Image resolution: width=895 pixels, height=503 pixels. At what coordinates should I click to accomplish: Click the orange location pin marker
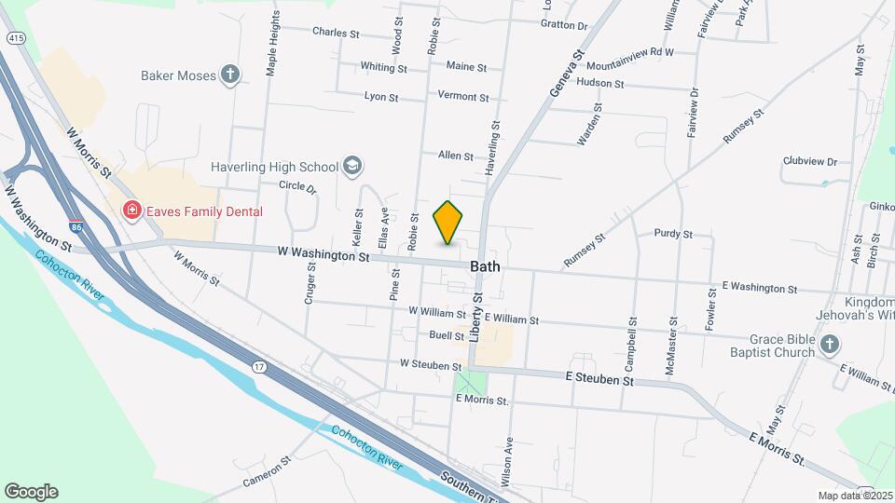pos(448,223)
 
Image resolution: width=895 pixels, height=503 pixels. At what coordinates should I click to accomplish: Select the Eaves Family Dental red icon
pos(132,211)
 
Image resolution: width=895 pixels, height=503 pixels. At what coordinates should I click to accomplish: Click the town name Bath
pos(485,266)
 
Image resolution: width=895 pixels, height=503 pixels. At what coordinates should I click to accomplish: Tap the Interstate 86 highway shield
pos(76,226)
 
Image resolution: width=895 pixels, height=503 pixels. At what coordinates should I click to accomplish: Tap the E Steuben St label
pos(599,381)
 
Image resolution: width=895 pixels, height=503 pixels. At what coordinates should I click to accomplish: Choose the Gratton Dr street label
pos(564,26)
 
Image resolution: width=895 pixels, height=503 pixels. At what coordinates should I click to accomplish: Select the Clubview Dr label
pos(810,161)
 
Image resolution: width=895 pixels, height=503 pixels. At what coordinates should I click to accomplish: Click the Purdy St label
pos(673,234)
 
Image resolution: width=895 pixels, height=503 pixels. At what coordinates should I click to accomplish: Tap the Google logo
pos(31,492)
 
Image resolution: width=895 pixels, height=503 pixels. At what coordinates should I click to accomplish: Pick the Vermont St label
pos(462,97)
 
